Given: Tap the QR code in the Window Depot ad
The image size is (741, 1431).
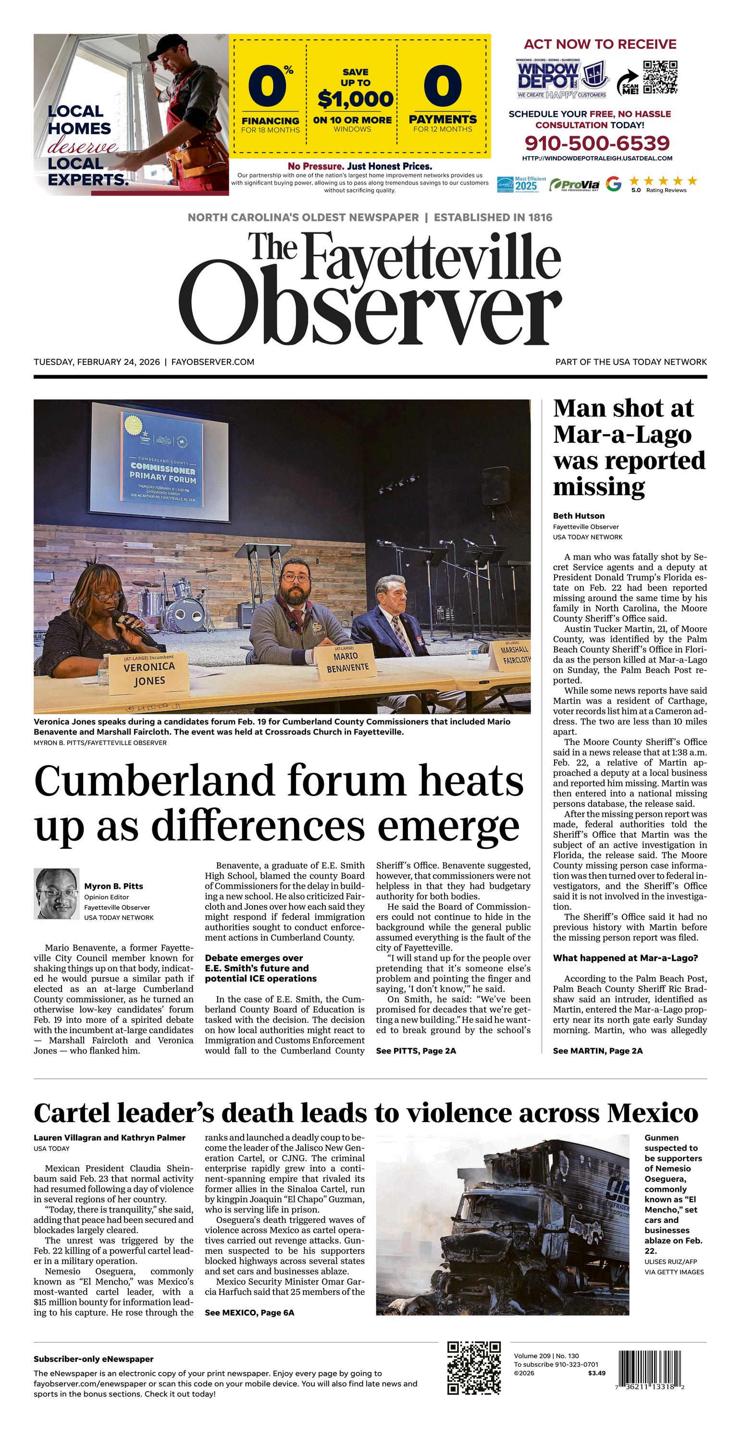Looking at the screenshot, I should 660,77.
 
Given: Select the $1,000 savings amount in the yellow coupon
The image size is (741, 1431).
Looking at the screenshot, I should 355,99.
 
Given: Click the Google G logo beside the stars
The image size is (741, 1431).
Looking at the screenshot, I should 613,184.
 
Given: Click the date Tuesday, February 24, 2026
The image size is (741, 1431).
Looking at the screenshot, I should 97,362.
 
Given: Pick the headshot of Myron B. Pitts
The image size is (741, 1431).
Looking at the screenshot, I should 56,893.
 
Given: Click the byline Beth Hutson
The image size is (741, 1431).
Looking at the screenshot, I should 578,515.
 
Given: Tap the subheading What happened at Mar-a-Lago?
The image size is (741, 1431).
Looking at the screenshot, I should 625,958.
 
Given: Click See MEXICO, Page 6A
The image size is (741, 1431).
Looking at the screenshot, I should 249,1313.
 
